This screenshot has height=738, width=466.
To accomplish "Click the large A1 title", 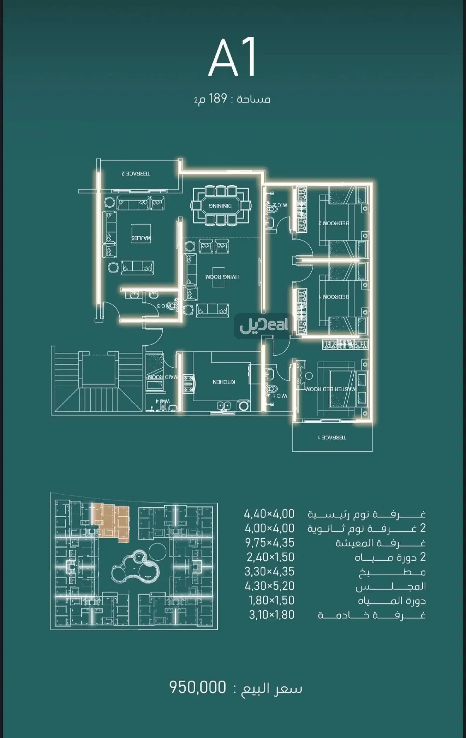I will point(232,59).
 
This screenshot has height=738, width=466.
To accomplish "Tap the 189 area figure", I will point(218,99).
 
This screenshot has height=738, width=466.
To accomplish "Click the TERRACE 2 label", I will point(136,174).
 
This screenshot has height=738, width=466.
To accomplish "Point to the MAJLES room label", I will point(141,238).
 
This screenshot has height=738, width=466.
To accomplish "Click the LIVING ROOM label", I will point(222,277).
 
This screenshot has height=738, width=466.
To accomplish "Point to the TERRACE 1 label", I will point(332,437).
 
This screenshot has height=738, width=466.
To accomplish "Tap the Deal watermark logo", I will point(264,326).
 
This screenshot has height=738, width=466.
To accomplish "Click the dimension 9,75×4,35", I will point(269,543).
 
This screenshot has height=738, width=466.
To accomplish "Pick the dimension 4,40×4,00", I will point(269,514).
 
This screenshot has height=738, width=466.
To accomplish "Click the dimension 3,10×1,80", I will point(271,615).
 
